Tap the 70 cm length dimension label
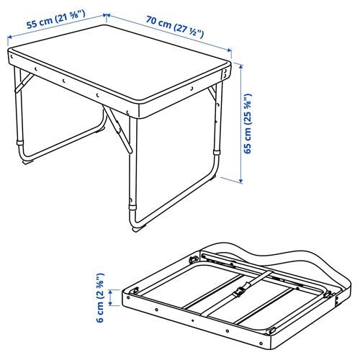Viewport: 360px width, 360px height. [x=174, y=27]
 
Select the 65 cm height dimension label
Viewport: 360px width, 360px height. [x=248, y=124]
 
